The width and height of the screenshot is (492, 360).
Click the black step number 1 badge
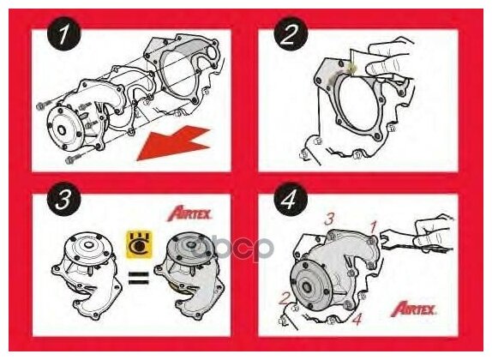pos(64,34)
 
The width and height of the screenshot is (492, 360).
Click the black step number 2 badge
pos(291,34)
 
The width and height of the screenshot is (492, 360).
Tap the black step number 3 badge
pos(64,199)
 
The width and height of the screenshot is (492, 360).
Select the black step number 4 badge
pos(291,199)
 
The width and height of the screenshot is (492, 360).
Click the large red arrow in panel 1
pos(173,143)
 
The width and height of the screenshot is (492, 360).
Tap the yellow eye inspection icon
pos(140,244)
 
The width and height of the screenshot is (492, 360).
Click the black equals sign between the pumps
pos(138,278)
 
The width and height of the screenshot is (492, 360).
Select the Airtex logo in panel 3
pos(189,213)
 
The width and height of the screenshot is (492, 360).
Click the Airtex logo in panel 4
pos(413,309)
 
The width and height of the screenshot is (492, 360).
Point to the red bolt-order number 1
pos(373,226)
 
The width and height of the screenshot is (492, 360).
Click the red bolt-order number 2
pos(285,298)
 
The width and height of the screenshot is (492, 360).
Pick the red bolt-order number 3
pos(329,219)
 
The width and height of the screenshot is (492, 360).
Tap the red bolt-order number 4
pos(357,319)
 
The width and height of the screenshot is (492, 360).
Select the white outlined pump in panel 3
pos(87,274)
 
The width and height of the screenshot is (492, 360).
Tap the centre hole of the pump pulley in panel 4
pos(305,287)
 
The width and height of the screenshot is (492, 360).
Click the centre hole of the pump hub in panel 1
pos(62,130)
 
